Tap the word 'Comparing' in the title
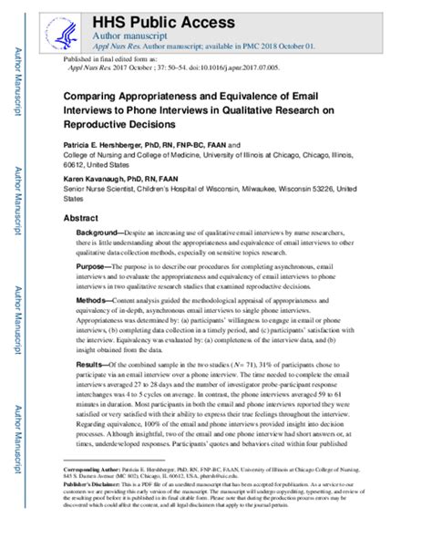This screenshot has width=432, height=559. coord(95,93)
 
